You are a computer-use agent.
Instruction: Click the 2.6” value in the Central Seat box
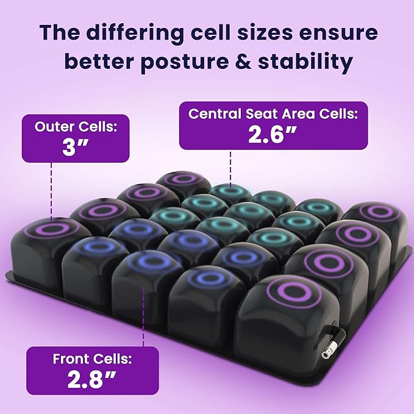273,134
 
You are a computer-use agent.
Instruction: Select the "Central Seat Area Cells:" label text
273,113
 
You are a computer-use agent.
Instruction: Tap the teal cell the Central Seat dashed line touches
230,194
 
